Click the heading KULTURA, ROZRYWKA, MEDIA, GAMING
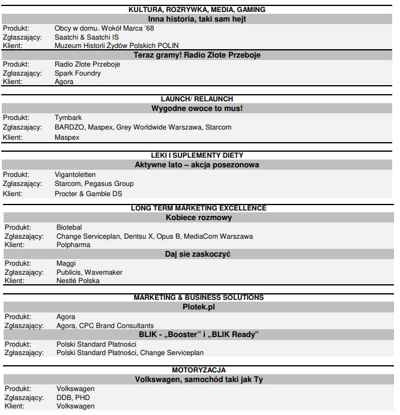click(x=197, y=10)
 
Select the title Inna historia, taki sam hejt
click(x=197, y=19)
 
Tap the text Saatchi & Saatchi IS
click(x=86, y=37)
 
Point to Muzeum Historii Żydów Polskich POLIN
click(x=117, y=45)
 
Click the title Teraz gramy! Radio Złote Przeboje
click(x=197, y=55)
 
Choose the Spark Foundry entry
click(x=77, y=73)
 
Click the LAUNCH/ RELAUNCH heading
click(x=197, y=99)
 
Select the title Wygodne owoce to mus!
click(x=197, y=109)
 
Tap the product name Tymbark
click(x=68, y=118)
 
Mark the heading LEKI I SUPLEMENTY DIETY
click(x=197, y=155)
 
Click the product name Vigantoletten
click(x=75, y=175)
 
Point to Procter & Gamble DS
click(x=88, y=194)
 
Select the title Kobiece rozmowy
click(x=198, y=218)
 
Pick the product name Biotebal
click(x=69, y=228)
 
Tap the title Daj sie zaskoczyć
click(x=198, y=254)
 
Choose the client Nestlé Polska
click(x=78, y=281)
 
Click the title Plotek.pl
click(x=198, y=307)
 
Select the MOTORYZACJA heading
click(x=198, y=370)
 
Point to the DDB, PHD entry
click(x=74, y=397)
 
